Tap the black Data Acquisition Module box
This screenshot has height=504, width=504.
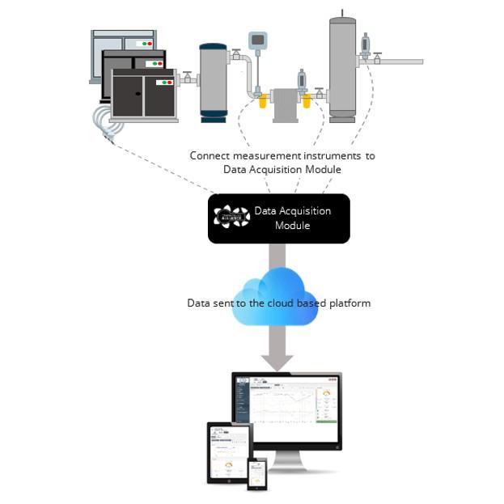[279, 218]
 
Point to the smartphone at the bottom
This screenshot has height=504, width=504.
[256, 472]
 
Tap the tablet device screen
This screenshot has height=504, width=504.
[230, 452]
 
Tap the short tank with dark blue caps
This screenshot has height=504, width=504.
[214, 81]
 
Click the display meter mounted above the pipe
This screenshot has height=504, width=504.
[257, 40]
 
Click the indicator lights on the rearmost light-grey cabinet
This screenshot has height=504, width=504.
[146, 42]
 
